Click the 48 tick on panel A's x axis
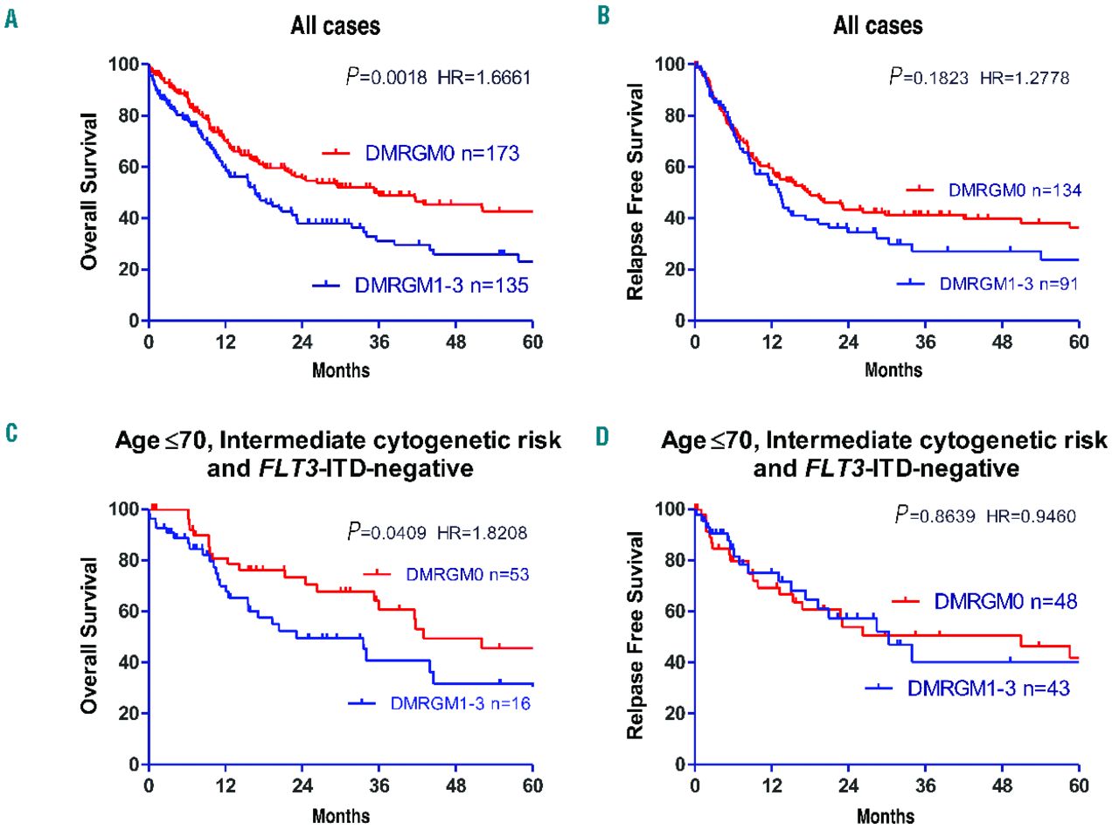[x=455, y=340]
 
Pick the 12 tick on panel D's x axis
[x=770, y=784]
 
